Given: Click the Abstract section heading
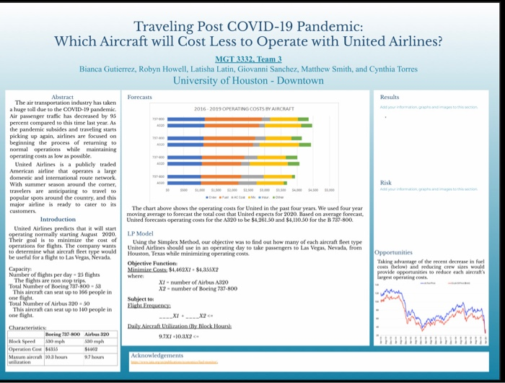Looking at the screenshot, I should click(63, 96).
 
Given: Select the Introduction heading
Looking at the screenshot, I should click(58, 219).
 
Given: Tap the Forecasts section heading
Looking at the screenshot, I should click(140, 96).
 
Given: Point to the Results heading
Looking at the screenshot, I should click(389, 96).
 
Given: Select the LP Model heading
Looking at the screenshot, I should click(141, 234).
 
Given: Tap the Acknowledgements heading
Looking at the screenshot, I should click(158, 355).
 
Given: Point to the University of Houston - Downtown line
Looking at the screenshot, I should click(247, 80).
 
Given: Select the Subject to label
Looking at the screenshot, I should click(141, 298).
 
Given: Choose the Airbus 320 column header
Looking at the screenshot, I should click(96, 335).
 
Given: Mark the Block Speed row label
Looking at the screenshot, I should click(23, 341).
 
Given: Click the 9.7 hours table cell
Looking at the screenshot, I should click(95, 356).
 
